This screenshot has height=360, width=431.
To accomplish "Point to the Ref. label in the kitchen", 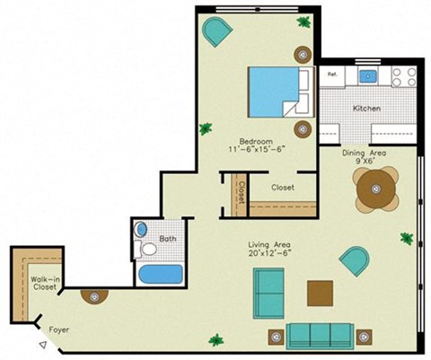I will (x=331, y=74).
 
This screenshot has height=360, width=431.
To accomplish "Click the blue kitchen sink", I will (x=368, y=75).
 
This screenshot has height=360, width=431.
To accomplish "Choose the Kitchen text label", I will (x=366, y=109).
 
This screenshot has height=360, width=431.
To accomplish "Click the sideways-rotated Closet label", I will (x=241, y=191).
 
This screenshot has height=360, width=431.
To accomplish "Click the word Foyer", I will (x=59, y=329).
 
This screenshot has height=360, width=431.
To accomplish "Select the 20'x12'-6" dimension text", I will (x=269, y=255).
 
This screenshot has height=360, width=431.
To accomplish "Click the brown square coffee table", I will (x=320, y=293).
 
